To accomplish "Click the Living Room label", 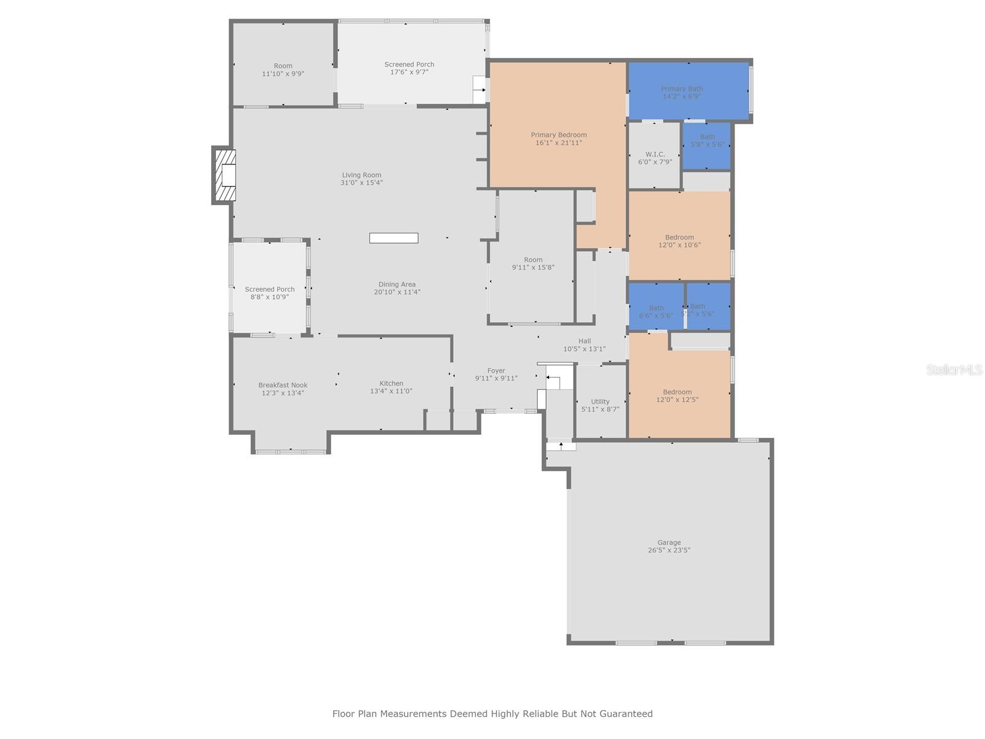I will [362, 175].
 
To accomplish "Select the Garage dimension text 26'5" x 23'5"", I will [669, 551].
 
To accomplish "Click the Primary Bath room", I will [682, 92].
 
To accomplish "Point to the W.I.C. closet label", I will [655, 154].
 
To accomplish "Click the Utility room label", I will [600, 402].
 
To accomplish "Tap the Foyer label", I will [496, 371].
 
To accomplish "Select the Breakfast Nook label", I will [283, 386].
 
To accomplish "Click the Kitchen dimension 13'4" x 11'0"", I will [391, 391].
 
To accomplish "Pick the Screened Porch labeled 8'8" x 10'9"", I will [270, 293].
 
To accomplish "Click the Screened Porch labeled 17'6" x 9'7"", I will [409, 68].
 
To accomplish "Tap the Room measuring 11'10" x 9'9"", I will [283, 70].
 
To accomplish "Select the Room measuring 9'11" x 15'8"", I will [533, 264].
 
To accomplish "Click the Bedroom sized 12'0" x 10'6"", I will [680, 241].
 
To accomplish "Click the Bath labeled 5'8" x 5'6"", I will [707, 141].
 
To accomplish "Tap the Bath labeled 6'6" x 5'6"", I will [656, 312].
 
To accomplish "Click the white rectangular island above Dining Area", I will [394, 238].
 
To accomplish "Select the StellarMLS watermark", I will [954, 370].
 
